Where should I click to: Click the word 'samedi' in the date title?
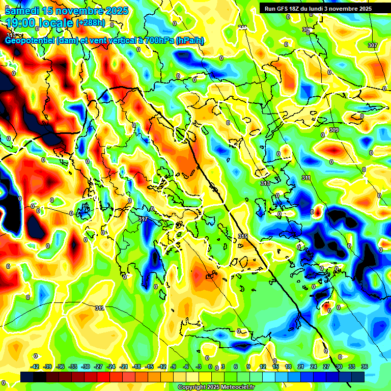pyautogui.click(x=22, y=11)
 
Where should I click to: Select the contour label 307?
pyautogui.click(x=373, y=45)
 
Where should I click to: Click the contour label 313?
pyautogui.click(x=265, y=183)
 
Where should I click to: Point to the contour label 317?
pyautogui.click(x=143, y=219)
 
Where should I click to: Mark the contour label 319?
pyautogui.click(x=100, y=308)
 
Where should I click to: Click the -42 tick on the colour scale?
pyautogui.click(x=35, y=367)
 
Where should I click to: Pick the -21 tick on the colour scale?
pyautogui.click(x=124, y=367)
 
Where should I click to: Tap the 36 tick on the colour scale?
pyautogui.click(x=364, y=367)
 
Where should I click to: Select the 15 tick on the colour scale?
pyautogui.click(x=275, y=367)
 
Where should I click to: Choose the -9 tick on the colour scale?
pyautogui.click(x=173, y=367)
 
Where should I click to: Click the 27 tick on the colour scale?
pyautogui.click(x=326, y=367)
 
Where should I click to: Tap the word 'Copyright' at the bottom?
pyautogui.click(x=192, y=387)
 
